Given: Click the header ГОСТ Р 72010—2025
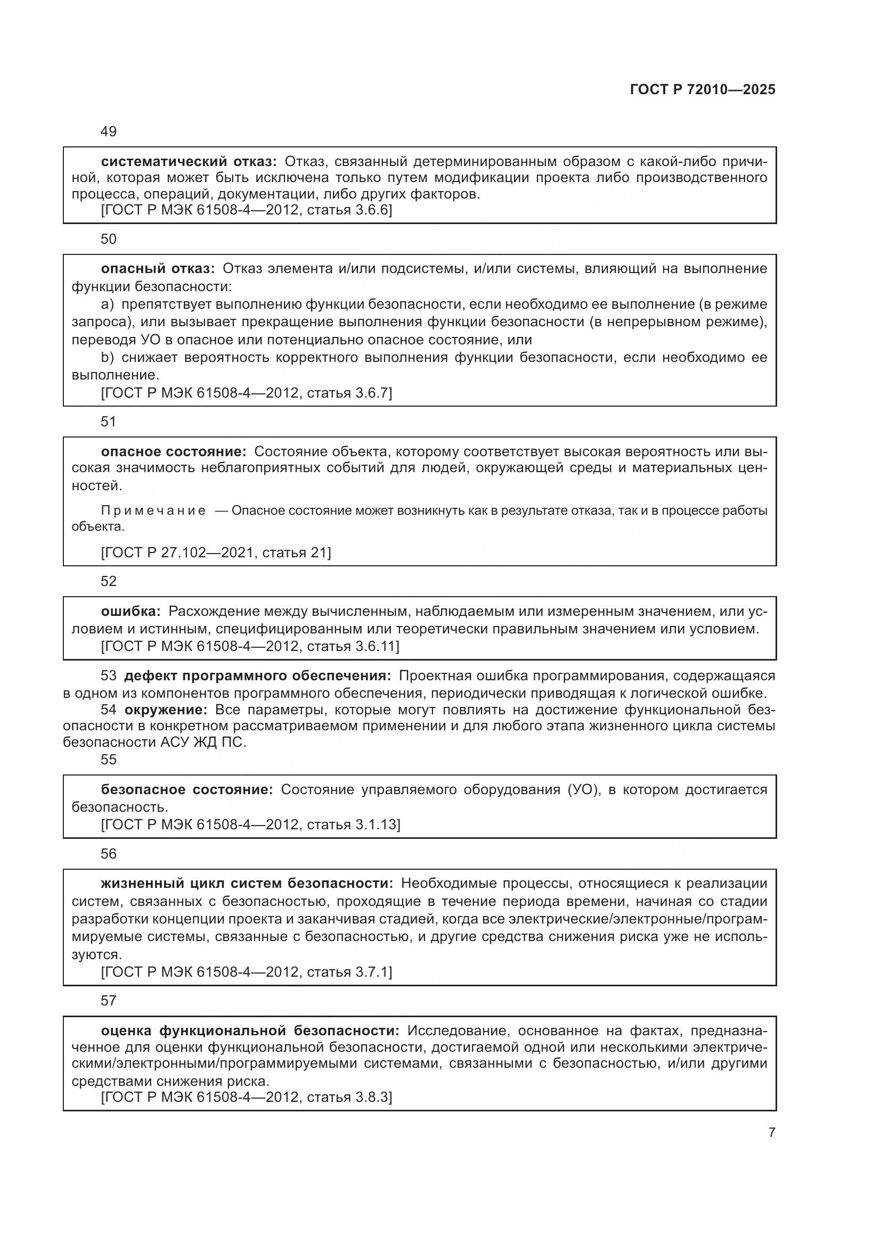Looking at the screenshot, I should tap(703, 90).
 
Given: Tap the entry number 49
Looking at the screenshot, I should tap(109, 131).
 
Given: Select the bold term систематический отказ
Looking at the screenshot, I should tap(189, 162).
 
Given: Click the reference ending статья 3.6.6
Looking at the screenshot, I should tap(247, 210).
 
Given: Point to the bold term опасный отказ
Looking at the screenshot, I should tap(158, 269).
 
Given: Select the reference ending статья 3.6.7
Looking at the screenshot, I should tap(247, 393).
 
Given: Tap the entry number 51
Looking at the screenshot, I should tap(109, 422).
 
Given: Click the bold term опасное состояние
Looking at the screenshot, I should tap(174, 452).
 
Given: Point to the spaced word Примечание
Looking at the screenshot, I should tap(153, 511).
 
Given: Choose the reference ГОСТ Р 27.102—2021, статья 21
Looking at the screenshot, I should tap(216, 553).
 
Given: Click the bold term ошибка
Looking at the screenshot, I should tap(130, 612).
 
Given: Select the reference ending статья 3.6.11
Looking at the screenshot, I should tap(250, 646).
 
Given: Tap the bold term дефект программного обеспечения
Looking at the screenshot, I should tap(257, 676).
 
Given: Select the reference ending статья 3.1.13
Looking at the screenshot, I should tap(251, 824).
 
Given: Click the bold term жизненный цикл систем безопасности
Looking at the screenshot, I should tap(247, 884).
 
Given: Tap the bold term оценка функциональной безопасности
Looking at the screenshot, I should tap(250, 1031).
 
